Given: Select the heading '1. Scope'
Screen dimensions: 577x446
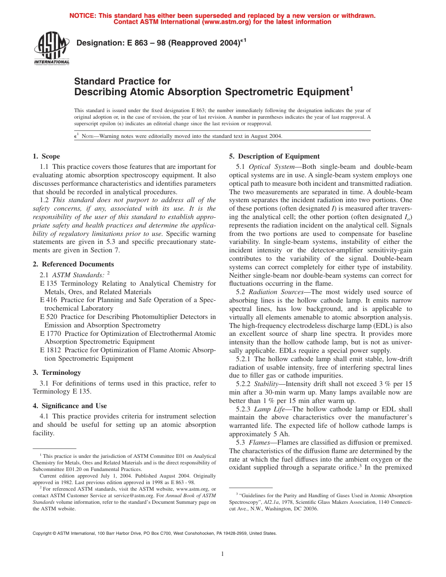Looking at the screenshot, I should click(46, 156).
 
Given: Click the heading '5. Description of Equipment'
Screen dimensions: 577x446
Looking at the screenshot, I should click(274, 156).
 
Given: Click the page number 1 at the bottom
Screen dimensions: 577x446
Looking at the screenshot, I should click(223, 554).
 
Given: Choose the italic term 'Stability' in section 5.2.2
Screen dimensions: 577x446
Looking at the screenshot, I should click(266, 384).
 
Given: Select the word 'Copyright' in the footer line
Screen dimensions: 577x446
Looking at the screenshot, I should click(42, 533).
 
